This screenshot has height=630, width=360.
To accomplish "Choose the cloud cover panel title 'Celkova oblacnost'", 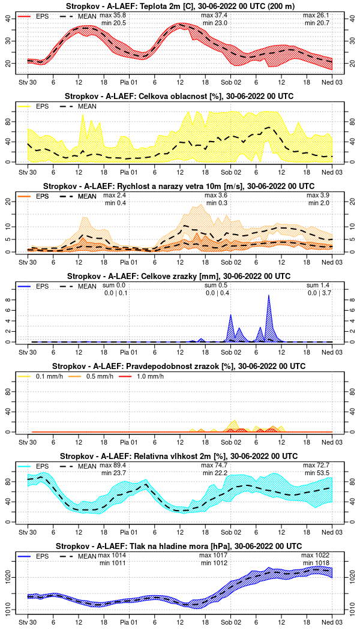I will tap(179, 96).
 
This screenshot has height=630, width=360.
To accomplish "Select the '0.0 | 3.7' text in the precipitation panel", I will tap(319, 293).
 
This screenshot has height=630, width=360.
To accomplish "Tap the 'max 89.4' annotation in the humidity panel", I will tap(114, 465).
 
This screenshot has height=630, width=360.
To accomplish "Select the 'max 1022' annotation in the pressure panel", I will tap(317, 555).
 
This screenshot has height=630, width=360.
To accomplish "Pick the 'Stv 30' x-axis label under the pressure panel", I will tap(28, 617).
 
